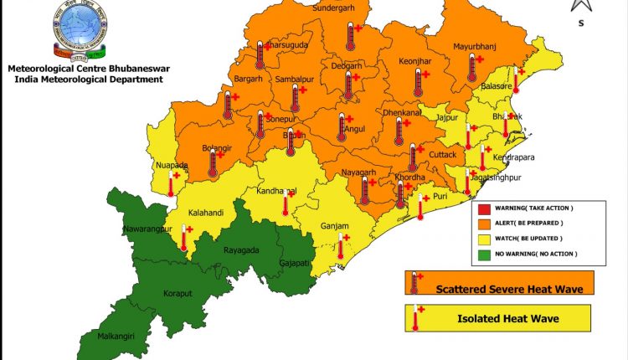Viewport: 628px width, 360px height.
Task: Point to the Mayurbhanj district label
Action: pos(476,46)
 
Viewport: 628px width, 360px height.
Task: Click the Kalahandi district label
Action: pos(206,213)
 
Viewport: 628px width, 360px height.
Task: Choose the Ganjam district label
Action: pos(333,225)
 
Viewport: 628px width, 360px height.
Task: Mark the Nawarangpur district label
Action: pos(147,228)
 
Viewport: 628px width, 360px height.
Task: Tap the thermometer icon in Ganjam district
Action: pos(342,245)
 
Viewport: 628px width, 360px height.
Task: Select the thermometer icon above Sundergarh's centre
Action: pos(350,36)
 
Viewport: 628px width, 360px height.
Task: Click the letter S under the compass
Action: pos(581,23)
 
